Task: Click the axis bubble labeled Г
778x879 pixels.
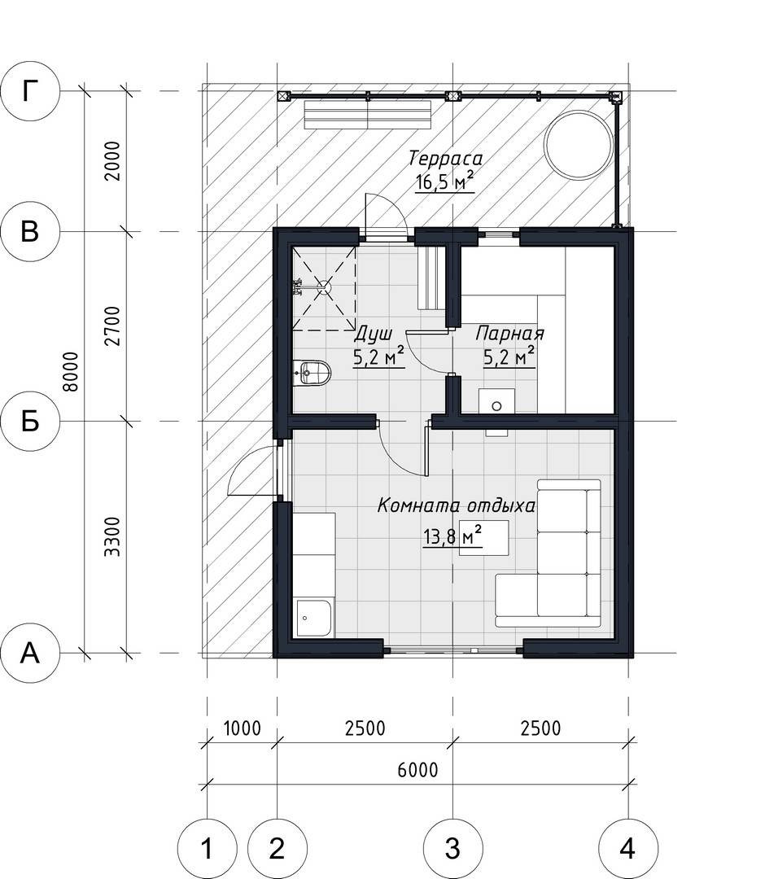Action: pos(30,91)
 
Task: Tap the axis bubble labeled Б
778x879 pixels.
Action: pos(30,421)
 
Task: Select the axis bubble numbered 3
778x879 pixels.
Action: pos(452,849)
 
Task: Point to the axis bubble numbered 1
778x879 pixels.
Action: pos(207,849)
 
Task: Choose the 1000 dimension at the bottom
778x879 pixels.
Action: pos(243,728)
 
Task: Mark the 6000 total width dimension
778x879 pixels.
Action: pos(417,770)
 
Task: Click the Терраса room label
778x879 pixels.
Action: pos(445,159)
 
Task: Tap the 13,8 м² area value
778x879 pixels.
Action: pos(453,536)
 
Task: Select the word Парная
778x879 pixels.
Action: pos(509,334)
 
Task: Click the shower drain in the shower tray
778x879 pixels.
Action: pos(325,286)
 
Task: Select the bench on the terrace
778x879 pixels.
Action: pos(369,115)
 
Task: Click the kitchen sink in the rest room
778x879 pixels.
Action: pos(313,618)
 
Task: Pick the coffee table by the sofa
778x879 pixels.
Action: pos(484,538)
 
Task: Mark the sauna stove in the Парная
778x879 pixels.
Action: pos(497,400)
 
